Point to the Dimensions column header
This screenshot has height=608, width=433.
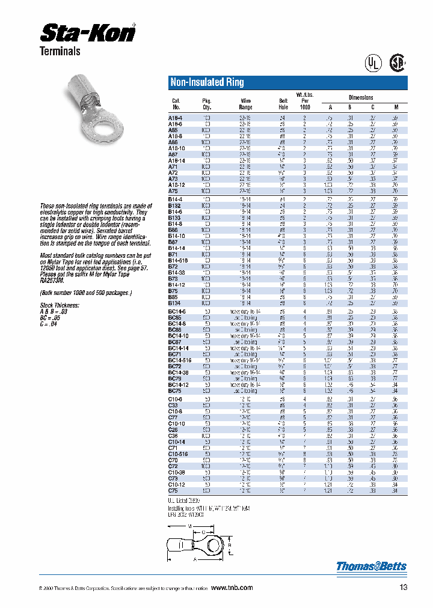[361, 97]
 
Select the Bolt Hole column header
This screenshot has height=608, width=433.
[283, 104]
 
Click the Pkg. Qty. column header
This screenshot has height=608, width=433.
[207, 104]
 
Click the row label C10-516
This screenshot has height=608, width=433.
[178, 454]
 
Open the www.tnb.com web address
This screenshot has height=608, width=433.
[232, 588]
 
